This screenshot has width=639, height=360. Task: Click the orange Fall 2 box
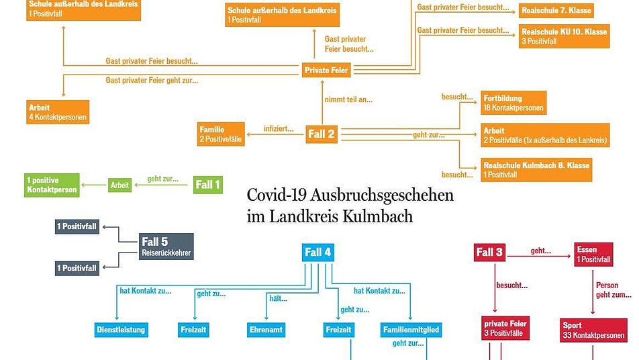(322, 134)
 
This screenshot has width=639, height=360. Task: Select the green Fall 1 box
(208, 185)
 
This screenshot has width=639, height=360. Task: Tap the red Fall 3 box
(489, 253)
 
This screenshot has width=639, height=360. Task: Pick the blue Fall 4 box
(318, 253)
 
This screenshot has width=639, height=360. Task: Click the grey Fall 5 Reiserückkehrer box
(166, 246)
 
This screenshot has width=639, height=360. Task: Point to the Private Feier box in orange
(326, 70)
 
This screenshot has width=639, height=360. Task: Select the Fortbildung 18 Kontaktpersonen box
(513, 103)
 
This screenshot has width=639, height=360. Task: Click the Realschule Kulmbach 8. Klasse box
(536, 170)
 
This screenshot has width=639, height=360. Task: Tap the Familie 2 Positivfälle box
(221, 134)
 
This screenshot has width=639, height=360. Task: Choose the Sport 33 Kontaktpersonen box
(593, 330)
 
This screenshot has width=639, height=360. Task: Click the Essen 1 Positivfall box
(593, 255)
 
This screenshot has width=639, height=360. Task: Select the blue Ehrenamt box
(266, 330)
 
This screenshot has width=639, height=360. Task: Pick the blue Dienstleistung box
(121, 330)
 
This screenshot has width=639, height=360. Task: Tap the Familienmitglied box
(411, 330)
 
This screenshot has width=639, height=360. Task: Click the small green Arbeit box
(119, 185)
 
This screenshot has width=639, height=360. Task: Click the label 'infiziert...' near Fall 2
(279, 129)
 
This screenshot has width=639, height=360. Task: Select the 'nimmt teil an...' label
(348, 99)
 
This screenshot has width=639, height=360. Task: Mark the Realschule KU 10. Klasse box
(564, 36)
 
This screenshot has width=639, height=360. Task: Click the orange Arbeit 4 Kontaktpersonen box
(58, 112)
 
